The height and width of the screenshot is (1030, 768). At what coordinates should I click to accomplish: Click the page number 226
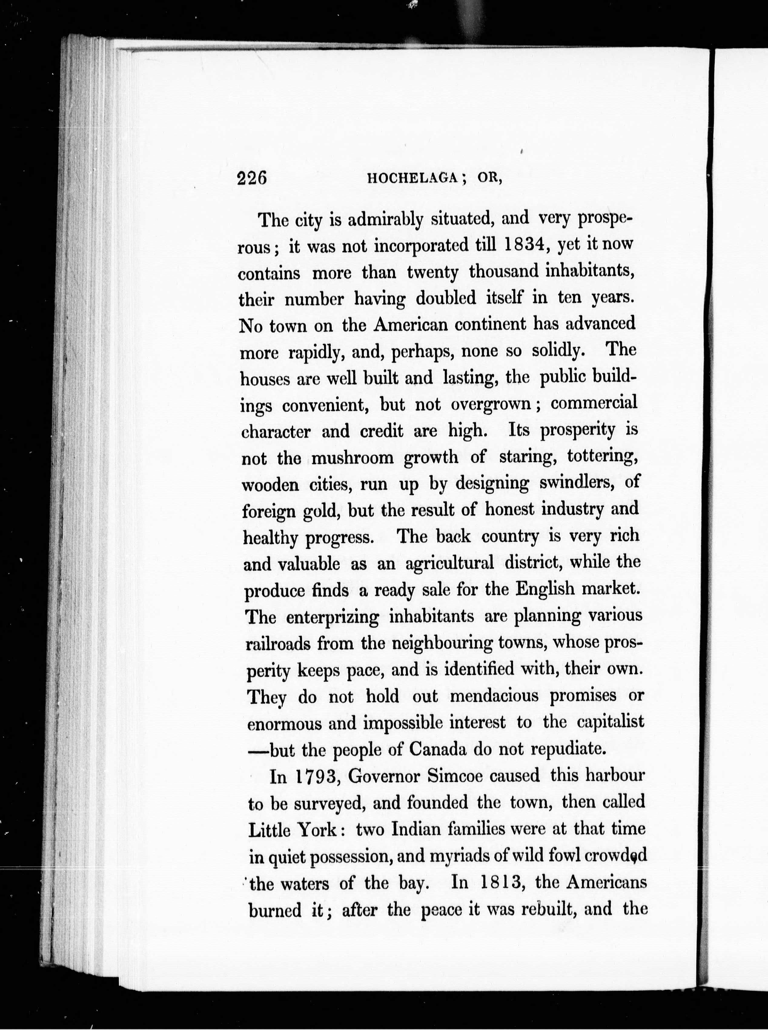pyautogui.click(x=251, y=178)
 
